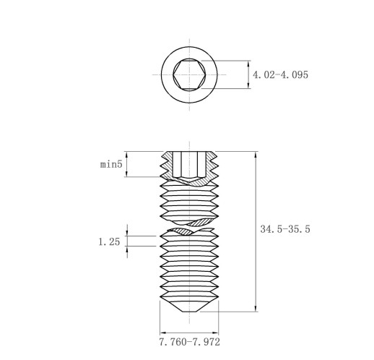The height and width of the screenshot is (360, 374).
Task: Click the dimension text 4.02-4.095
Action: coord(280,74)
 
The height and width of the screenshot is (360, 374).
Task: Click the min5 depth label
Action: coord(111,164)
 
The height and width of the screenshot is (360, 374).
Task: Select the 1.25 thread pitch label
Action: coord(109,241)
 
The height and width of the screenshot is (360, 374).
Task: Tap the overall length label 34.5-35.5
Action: coord(285,229)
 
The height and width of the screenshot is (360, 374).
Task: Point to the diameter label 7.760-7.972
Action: coord(189,342)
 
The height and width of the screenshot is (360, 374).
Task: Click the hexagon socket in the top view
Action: coord(189,74)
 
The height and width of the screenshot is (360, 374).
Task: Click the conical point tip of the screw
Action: coord(189,306)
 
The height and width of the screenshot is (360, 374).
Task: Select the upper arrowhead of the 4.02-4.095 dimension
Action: coord(248,64)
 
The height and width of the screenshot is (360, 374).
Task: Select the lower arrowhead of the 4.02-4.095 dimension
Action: coord(248,85)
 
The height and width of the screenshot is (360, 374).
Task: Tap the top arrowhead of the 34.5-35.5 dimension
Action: coord(256,155)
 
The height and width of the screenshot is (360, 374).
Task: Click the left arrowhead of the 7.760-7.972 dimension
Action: coord(163,333)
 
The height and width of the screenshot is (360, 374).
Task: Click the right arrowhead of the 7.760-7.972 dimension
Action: coord(215,333)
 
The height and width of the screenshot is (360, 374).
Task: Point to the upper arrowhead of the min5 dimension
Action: coord(127,155)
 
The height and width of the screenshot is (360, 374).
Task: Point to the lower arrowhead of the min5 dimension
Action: coord(127,173)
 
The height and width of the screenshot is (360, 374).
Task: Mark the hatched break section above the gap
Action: coord(201,222)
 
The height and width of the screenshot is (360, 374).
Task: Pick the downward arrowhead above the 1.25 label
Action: coord(127,233)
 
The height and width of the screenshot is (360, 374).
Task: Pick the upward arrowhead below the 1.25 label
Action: coord(127,249)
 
